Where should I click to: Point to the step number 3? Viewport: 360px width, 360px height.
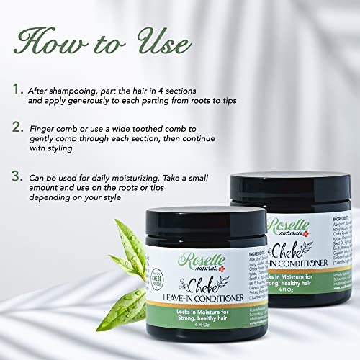[15, 176]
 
